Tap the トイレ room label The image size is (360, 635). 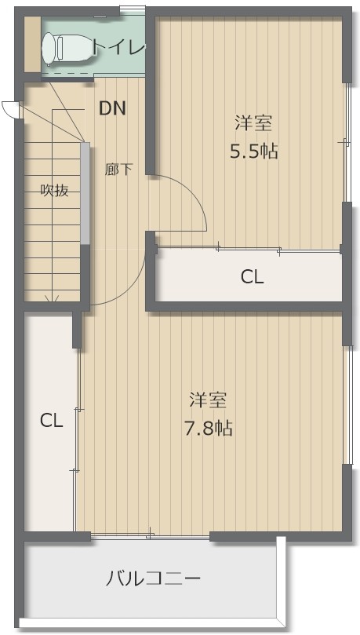tap(118, 48)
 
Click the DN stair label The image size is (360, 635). tap(113, 108)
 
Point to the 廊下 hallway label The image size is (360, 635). tap(118, 169)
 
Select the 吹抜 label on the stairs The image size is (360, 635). tap(54, 190)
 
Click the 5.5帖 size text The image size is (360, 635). tap(254, 151)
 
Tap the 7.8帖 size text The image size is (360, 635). tap(209, 428)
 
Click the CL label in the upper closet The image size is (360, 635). tap(252, 277)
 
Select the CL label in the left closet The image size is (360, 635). tap(51, 422)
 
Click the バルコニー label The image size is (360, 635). tap(153, 578)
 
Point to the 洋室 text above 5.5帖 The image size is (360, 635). tap(253, 123)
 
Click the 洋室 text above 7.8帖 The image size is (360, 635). tap(208, 400)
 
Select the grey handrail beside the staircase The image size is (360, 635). tap(85, 193)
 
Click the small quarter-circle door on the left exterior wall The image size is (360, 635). tap(9, 109)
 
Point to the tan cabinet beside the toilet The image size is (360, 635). tap(32, 46)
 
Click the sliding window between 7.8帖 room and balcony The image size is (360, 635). tap(150, 537)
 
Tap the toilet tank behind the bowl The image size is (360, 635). tap(47, 48)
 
